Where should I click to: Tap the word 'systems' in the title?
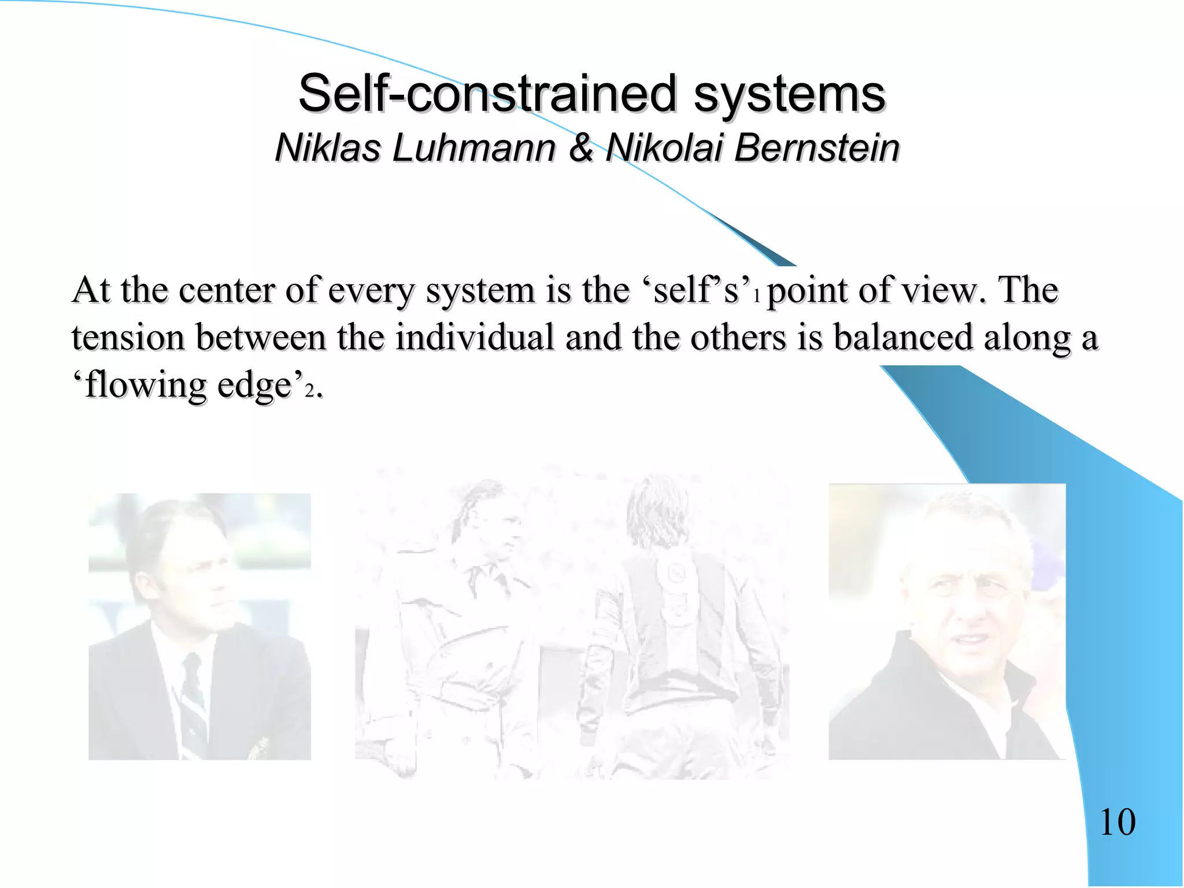point(789,94)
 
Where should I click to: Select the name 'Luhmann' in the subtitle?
point(473,147)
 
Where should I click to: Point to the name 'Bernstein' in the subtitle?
point(816,147)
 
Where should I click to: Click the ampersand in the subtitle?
point(581,147)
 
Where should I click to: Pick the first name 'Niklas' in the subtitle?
point(328,147)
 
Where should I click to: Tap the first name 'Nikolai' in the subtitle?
point(664,147)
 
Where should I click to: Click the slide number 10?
point(1117,822)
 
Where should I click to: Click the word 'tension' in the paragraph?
point(128,338)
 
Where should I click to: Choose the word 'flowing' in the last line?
point(146,386)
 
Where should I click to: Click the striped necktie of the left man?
point(191,694)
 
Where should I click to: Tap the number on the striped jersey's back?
point(675,575)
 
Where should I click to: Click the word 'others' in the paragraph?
point(738,338)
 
